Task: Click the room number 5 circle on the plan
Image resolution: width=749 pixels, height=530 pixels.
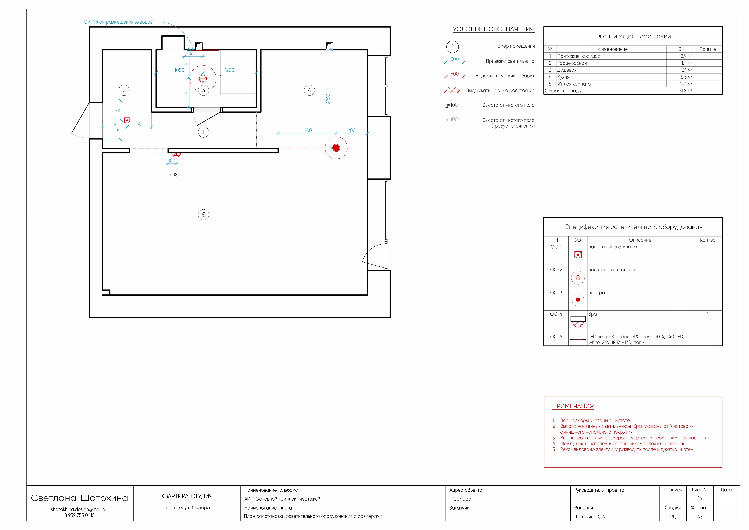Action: coord(204,215)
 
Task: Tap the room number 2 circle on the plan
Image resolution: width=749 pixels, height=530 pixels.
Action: coord(124,90)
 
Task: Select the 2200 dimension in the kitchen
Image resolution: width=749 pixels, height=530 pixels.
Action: coord(328,99)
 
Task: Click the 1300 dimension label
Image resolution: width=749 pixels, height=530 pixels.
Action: coord(307,131)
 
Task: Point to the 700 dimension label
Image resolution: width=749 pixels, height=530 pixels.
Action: coord(352,131)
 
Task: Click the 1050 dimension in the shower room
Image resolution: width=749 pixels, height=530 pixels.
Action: coord(179,70)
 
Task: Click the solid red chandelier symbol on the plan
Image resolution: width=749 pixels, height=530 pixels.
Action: coord(336,148)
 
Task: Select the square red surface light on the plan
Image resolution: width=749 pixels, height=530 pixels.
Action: coord(127,120)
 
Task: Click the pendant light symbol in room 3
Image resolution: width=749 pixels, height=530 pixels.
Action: coord(203,79)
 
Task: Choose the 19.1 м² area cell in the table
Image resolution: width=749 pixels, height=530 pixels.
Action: coord(686,84)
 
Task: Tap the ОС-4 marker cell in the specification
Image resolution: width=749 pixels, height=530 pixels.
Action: coord(556,314)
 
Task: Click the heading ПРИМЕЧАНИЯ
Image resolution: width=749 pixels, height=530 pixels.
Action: coord(573,406)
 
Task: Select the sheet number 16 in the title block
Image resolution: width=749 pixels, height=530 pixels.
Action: coord(700,498)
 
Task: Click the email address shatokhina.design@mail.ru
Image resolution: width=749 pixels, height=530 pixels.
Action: coord(79,509)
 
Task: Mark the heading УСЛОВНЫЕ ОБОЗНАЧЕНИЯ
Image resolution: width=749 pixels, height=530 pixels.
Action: coord(494,29)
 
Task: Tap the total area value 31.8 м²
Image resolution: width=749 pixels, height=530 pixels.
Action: coord(685,91)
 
